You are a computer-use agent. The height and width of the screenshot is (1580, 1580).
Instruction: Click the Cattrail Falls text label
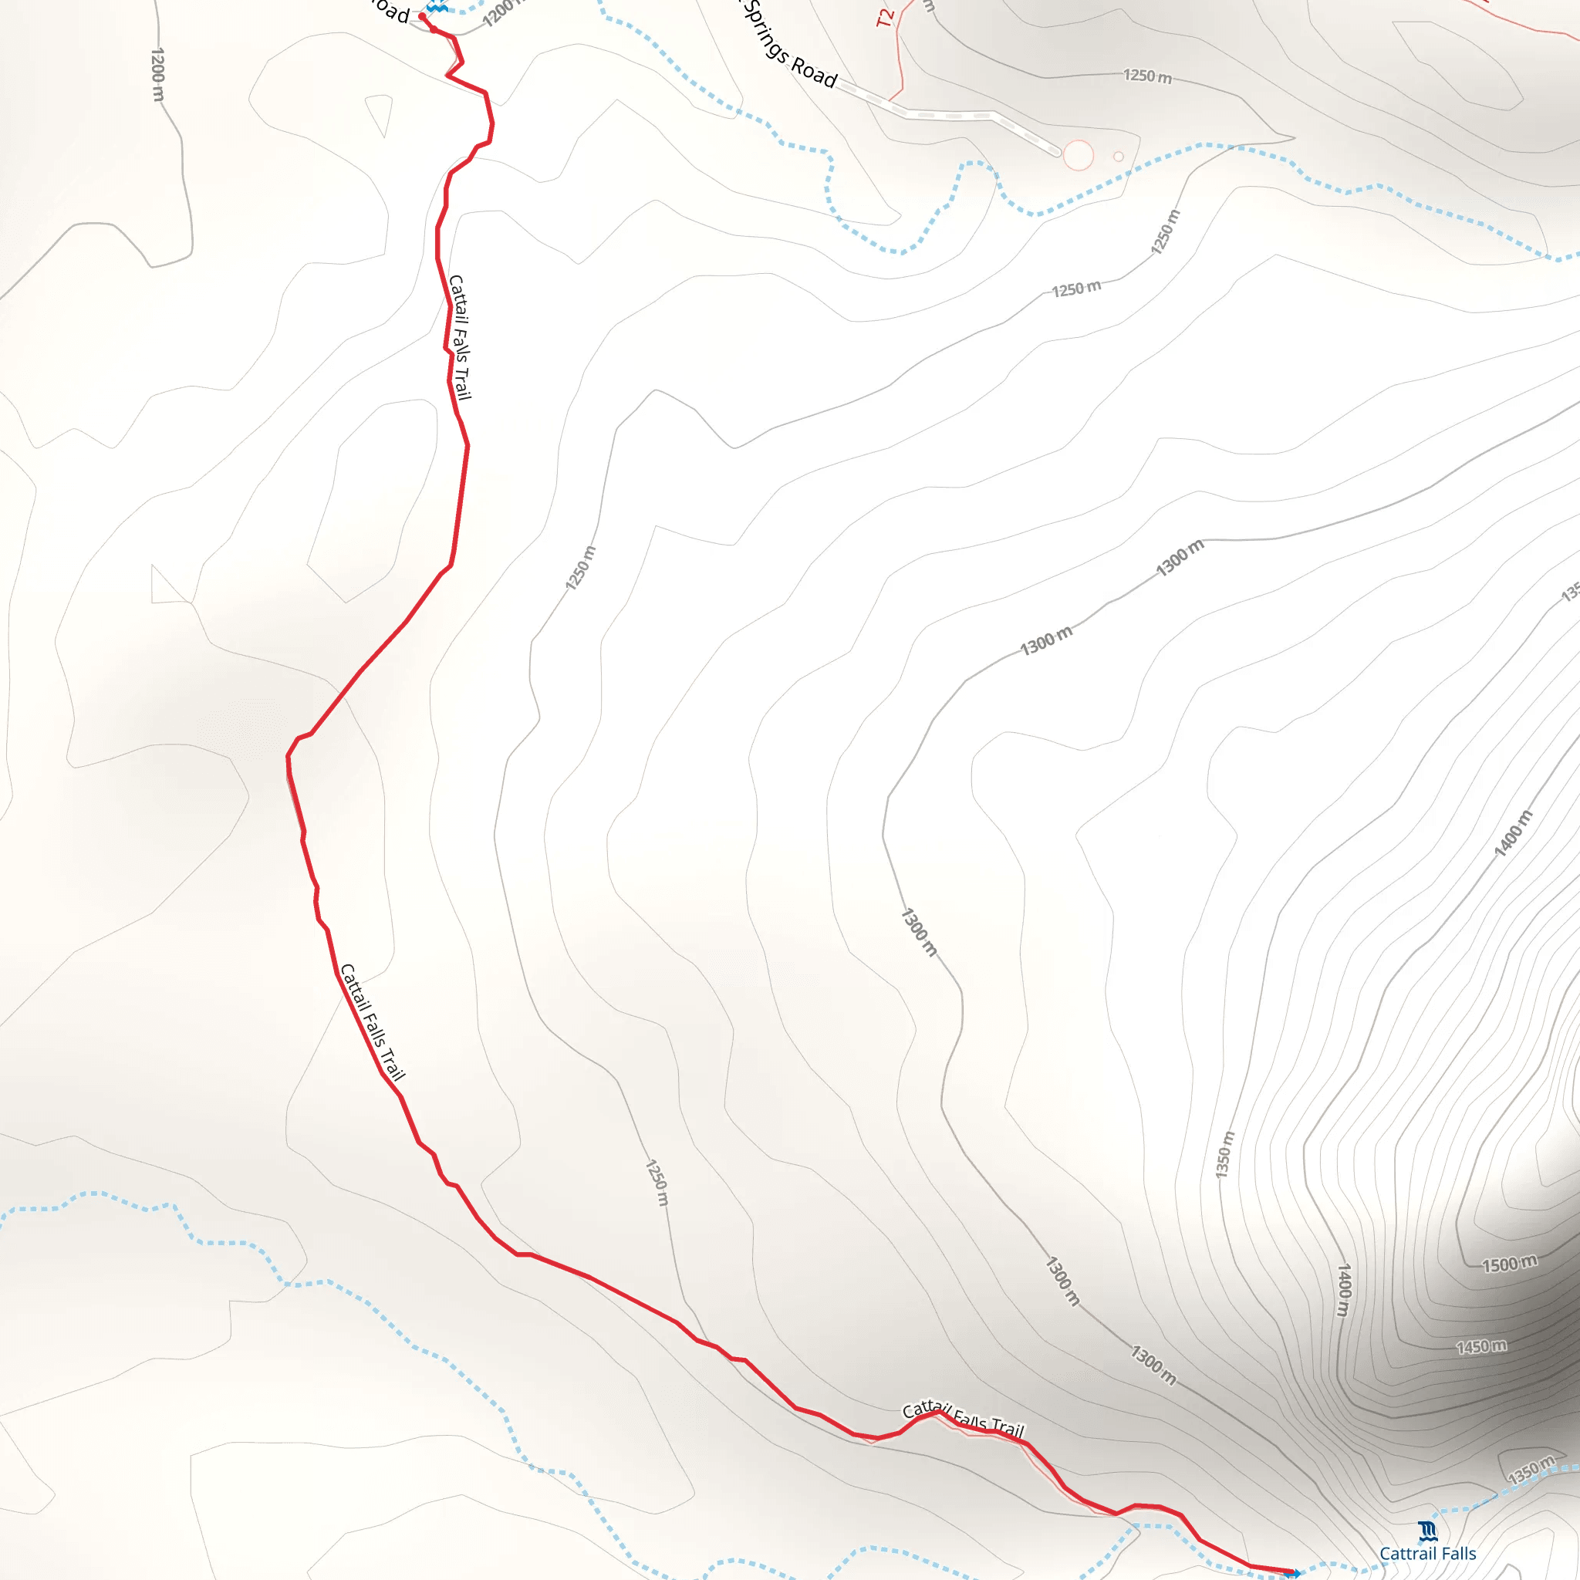(x=1427, y=1553)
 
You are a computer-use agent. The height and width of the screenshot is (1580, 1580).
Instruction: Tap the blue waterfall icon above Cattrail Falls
(x=1427, y=1529)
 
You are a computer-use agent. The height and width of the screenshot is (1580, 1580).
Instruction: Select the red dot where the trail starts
(x=422, y=15)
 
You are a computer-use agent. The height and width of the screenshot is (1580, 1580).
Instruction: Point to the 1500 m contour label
(x=1510, y=1264)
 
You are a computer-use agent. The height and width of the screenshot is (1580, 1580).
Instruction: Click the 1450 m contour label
(x=1481, y=1346)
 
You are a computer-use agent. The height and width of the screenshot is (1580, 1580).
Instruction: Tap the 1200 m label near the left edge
(x=158, y=74)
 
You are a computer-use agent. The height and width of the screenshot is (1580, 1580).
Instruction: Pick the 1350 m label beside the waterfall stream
(x=1531, y=1470)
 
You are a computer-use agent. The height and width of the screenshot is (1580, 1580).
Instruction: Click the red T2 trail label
(x=885, y=18)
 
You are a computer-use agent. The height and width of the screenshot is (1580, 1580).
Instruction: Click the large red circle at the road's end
(x=1078, y=155)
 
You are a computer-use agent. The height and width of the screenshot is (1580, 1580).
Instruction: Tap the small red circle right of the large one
(x=1118, y=156)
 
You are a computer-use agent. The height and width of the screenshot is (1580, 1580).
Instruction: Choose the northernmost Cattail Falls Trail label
(x=460, y=337)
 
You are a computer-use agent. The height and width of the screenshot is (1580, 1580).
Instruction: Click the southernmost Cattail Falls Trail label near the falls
(x=963, y=1419)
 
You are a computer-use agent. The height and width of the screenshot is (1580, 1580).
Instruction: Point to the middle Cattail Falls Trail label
(x=372, y=1022)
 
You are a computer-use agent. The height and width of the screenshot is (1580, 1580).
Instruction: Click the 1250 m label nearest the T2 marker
(x=1146, y=76)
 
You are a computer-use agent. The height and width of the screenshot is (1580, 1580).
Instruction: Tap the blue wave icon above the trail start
(x=437, y=6)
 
